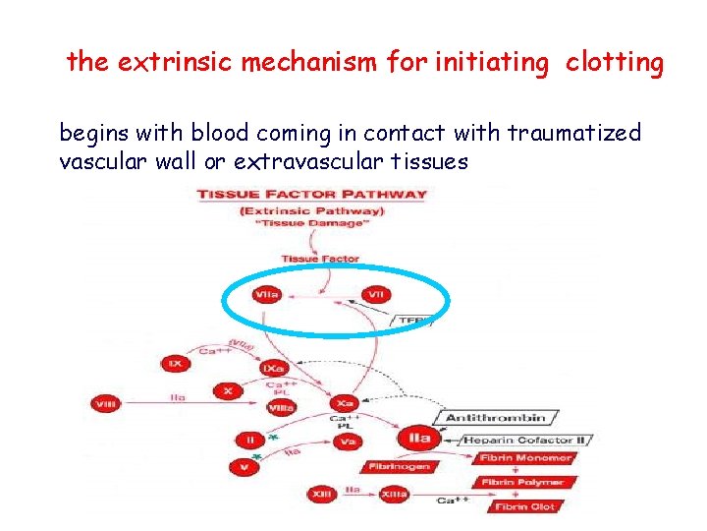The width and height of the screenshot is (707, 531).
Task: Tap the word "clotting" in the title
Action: [x=615, y=63]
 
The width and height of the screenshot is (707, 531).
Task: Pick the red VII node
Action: [x=376, y=294]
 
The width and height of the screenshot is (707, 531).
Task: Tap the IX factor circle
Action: [x=175, y=363]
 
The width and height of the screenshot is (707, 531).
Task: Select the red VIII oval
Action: [x=105, y=403]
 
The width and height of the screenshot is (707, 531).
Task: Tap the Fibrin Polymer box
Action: [x=521, y=483]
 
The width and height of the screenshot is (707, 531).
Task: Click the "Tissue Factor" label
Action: [x=319, y=260]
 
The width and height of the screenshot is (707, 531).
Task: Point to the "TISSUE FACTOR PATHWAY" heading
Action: [x=312, y=194]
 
